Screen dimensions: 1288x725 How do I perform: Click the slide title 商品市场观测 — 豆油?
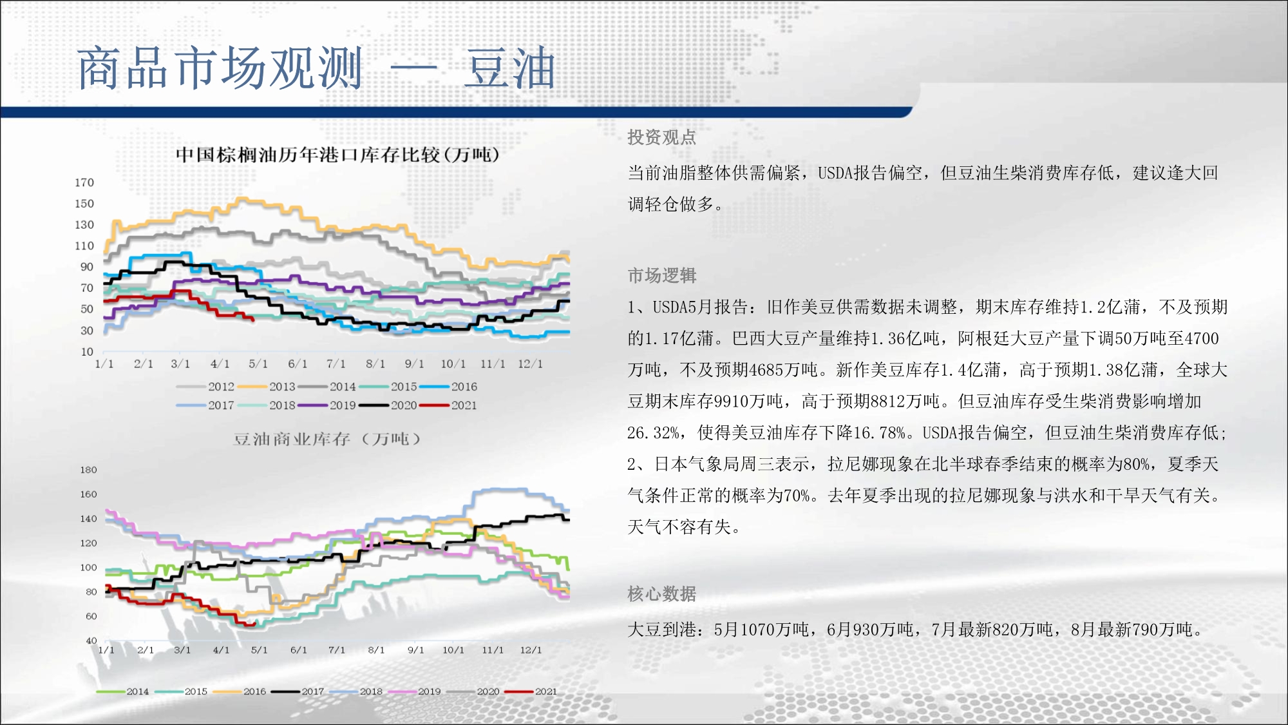pos(316,68)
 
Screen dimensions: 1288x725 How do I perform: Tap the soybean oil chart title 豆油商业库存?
pos(292,440)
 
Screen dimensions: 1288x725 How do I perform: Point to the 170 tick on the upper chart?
pos(84,183)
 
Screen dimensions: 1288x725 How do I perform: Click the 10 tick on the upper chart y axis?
pos(87,352)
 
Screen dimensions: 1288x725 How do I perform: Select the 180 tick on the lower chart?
pos(88,470)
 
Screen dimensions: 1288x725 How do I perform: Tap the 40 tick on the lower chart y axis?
pos(91,641)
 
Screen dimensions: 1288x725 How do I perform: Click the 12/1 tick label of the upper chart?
pos(530,364)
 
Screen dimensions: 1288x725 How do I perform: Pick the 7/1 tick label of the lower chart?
pos(336,650)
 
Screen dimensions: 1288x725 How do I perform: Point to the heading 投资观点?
pos(662,137)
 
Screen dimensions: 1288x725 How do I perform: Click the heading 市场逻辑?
pos(662,276)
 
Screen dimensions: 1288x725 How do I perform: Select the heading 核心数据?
pos(662,594)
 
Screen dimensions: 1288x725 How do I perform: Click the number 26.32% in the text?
pos(654,433)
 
